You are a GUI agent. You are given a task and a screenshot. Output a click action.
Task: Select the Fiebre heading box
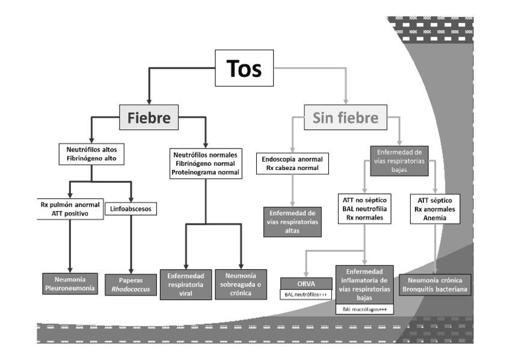149,118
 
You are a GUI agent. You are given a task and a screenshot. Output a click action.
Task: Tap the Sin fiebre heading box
345,118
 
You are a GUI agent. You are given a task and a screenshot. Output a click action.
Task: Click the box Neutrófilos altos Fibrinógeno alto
91,153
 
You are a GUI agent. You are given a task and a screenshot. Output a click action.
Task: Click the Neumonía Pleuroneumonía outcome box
70,285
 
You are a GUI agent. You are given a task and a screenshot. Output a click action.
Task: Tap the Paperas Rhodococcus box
130,285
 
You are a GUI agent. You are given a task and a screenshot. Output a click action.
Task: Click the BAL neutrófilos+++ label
306,294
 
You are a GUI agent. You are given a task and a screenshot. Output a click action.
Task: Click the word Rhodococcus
130,289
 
